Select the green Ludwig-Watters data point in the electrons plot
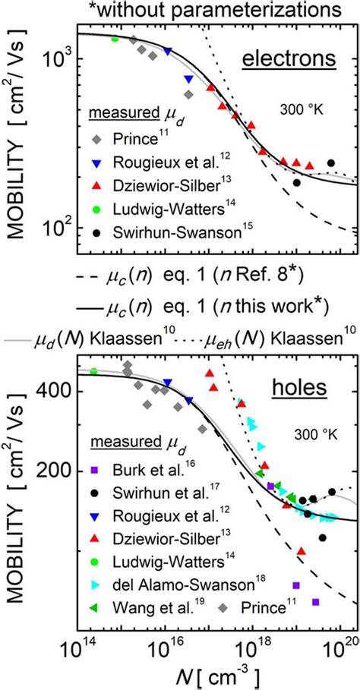(115, 39)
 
